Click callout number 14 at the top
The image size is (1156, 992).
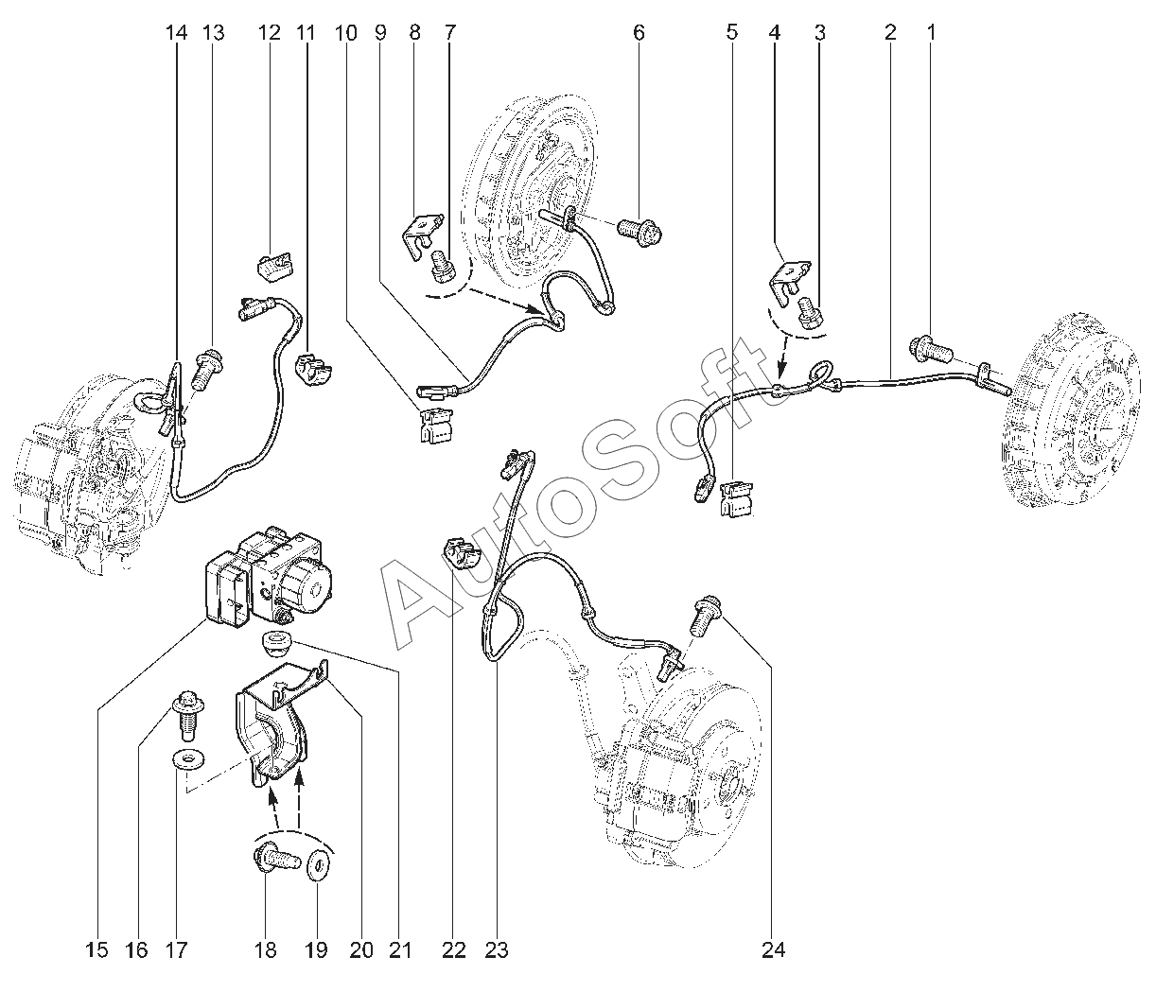point(176,33)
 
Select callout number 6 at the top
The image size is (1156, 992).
point(639,33)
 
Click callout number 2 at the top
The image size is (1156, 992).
point(889,33)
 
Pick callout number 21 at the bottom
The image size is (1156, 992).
point(401,949)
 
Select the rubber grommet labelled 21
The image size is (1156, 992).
point(275,648)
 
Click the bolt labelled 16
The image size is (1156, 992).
point(185,716)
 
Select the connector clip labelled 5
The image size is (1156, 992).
point(737,498)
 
